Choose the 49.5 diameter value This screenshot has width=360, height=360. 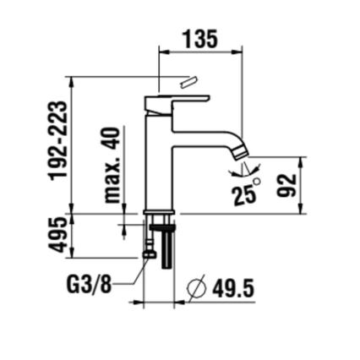coord(231,289)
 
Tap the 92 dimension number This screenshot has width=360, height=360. coord(287,184)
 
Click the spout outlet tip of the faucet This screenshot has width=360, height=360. coord(241,153)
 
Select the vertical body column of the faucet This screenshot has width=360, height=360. coord(159,161)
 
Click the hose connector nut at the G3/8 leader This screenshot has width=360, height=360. coord(151,253)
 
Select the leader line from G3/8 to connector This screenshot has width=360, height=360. coord(127,275)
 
